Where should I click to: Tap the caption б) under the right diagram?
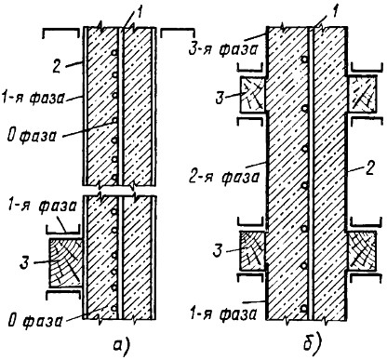click(x=312, y=342)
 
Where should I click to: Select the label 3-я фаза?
click(x=223, y=50)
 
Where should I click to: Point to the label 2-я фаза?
click(x=224, y=178)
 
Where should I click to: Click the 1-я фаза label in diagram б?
click(x=223, y=314)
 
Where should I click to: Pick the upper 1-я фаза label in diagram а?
click(x=33, y=98)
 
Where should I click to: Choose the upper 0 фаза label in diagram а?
click(x=32, y=136)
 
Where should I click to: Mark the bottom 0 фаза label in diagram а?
click(x=35, y=321)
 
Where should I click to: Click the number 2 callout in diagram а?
click(x=57, y=66)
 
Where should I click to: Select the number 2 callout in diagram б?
click(x=370, y=168)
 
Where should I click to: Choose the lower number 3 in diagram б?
click(x=218, y=250)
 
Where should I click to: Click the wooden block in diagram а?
click(x=64, y=262)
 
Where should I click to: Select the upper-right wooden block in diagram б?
click(x=362, y=94)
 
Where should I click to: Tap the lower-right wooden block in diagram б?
click(x=362, y=251)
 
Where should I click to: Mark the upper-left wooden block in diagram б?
click(x=253, y=94)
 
